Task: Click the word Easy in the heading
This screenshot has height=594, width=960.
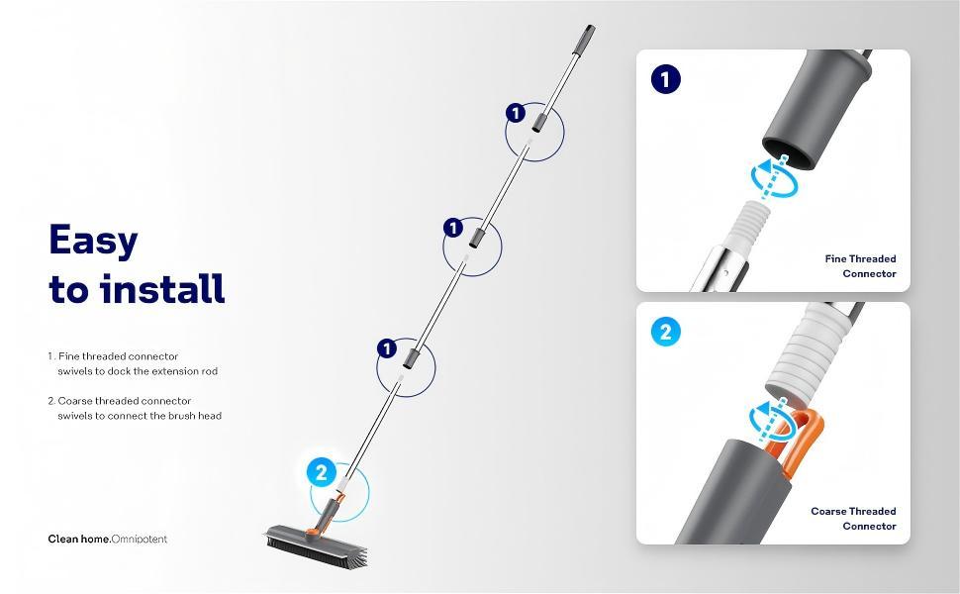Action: click(93, 241)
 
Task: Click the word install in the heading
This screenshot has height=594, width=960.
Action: click(164, 289)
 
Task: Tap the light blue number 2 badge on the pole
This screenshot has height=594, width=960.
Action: click(320, 472)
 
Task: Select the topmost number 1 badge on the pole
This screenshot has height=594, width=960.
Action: click(515, 113)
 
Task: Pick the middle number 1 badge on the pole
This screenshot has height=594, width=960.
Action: click(452, 229)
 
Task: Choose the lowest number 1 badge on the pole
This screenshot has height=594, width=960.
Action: click(387, 348)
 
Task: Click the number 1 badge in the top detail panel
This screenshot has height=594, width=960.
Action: click(666, 78)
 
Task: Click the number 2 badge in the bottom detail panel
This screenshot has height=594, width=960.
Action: click(665, 332)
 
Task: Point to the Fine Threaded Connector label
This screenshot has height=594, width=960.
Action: click(860, 265)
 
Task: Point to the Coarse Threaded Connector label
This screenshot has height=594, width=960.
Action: click(853, 519)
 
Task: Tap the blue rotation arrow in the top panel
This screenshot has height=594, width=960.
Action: click(774, 176)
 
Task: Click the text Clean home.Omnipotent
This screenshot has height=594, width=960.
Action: click(108, 540)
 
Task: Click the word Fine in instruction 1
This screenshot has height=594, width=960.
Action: click(69, 355)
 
